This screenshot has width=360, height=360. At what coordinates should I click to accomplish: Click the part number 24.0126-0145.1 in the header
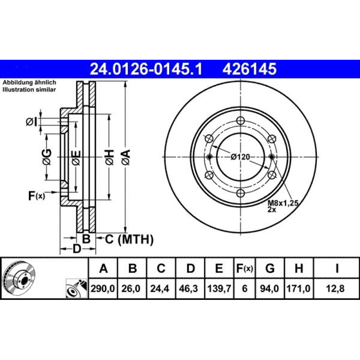(x=146, y=69)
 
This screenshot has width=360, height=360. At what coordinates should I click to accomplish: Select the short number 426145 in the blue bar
(x=249, y=69)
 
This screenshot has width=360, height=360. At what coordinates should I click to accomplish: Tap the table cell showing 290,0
(x=103, y=288)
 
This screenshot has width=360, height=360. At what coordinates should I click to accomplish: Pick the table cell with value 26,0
(x=132, y=288)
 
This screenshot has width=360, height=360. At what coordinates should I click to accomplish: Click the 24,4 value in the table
(x=161, y=288)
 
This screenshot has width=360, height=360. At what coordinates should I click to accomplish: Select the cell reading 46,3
(x=190, y=288)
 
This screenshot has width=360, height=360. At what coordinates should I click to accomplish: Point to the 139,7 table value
(x=219, y=288)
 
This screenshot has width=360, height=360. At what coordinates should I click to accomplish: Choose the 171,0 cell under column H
(x=298, y=288)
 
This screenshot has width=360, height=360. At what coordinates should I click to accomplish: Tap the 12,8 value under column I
(x=336, y=288)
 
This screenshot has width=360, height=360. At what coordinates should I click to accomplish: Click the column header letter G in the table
(x=270, y=268)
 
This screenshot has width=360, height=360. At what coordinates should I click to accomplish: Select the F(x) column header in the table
(x=244, y=268)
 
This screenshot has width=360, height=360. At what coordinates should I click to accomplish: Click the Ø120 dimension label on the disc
(x=240, y=157)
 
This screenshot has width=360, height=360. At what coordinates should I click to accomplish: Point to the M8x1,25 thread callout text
(x=283, y=203)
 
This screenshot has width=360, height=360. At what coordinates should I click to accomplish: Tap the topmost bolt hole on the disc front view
(x=240, y=120)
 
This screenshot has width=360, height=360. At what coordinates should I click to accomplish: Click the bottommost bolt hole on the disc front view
(x=240, y=193)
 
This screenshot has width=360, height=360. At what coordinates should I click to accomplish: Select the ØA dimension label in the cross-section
(x=126, y=157)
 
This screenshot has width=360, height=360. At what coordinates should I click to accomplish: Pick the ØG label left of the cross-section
(x=47, y=157)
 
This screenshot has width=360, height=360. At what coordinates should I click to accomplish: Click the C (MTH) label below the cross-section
(x=129, y=239)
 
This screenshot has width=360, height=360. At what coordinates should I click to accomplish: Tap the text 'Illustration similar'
(x=29, y=90)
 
